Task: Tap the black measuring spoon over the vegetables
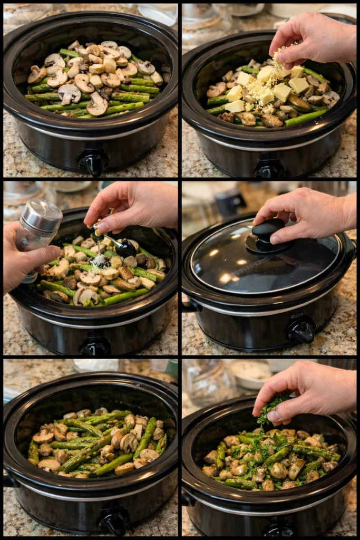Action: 124,246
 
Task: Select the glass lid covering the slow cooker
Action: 264,261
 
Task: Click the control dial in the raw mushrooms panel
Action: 94,162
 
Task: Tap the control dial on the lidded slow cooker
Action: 301,329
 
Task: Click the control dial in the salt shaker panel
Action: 95,346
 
